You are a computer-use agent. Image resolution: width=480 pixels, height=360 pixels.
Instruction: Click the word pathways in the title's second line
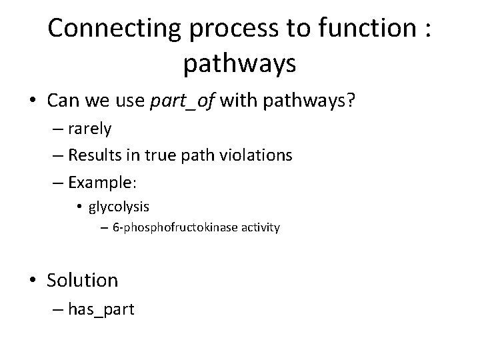click(x=239, y=64)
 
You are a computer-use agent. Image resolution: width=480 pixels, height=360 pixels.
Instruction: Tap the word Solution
click(x=82, y=280)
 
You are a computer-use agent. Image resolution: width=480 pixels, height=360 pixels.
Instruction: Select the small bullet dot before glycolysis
click(x=81, y=206)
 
